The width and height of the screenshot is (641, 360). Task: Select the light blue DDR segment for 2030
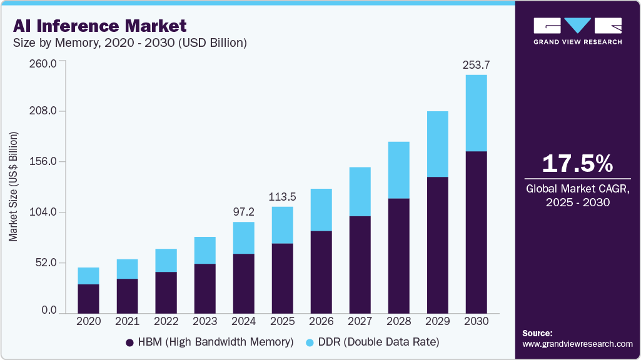pyautogui.click(x=476, y=113)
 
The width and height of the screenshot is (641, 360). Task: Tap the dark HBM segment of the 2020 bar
pyautogui.click(x=88, y=298)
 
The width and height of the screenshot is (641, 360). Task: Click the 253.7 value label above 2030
pyautogui.click(x=476, y=64)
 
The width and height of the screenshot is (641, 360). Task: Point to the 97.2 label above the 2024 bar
pyautogui.click(x=243, y=212)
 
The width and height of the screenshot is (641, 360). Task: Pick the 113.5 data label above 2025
pyautogui.click(x=282, y=197)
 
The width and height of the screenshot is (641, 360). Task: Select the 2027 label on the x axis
pyautogui.click(x=360, y=321)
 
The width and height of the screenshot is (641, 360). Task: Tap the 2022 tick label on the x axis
pyautogui.click(x=166, y=321)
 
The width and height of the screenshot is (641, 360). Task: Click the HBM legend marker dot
pyautogui.click(x=130, y=342)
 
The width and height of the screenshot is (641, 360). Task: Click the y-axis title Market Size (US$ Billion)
pyautogui.click(x=13, y=187)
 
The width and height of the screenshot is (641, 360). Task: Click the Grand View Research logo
pyautogui.click(x=577, y=31)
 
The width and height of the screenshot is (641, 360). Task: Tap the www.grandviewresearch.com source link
pyautogui.click(x=577, y=344)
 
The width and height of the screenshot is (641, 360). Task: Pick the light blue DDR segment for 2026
pyautogui.click(x=321, y=210)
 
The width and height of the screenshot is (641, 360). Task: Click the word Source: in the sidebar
pyautogui.click(x=537, y=333)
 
